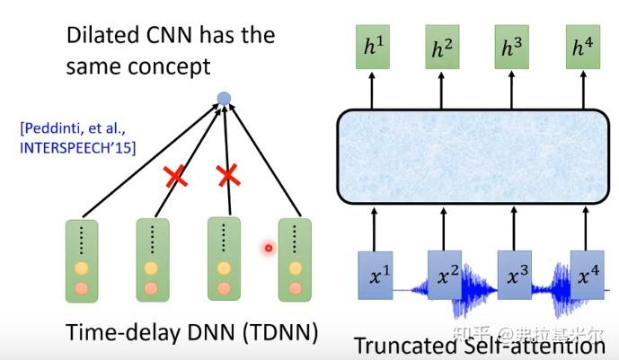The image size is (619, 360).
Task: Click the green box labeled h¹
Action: (373, 47)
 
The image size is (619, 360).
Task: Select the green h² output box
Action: (442, 47)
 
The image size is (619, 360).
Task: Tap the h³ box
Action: (511, 47)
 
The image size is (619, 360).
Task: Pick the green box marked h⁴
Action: (583, 47)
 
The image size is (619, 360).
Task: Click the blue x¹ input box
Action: (376, 276)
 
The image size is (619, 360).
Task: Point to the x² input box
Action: (445, 275)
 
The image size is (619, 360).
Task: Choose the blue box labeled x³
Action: (515, 275)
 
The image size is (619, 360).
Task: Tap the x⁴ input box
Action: (588, 275)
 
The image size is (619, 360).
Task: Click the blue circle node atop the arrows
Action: (224, 99)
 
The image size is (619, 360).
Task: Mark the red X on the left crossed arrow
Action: (175, 176)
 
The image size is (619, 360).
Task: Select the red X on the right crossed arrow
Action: (228, 175)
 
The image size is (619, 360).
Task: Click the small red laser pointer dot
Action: (269, 248)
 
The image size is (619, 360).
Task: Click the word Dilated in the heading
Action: (103, 36)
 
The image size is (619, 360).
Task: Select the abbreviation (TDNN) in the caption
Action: (280, 332)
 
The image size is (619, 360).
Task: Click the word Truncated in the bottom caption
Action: (406, 346)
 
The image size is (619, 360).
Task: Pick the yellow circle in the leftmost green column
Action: (82, 268)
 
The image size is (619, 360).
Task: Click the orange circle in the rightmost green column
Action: (295, 289)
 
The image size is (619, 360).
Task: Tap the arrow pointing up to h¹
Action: (372, 91)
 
